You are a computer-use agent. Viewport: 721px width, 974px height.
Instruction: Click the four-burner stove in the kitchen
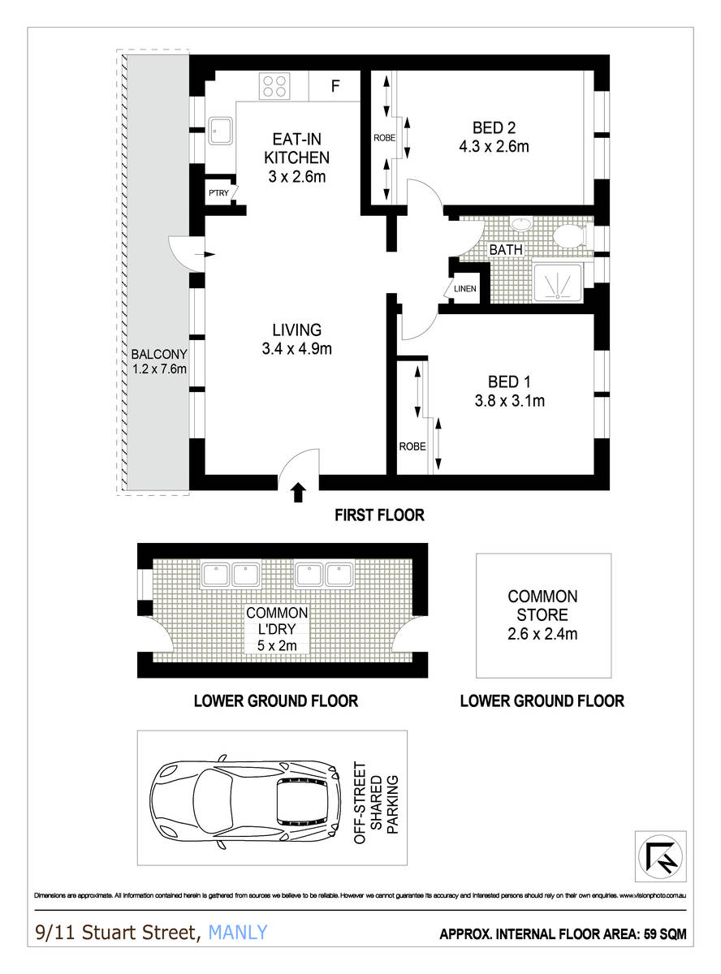(275, 85)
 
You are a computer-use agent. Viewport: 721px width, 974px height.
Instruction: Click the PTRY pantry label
(218, 192)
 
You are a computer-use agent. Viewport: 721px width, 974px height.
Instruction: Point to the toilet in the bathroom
(568, 235)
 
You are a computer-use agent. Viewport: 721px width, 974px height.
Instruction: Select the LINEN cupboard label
(465, 289)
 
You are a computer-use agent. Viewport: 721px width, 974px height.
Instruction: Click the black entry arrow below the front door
(298, 490)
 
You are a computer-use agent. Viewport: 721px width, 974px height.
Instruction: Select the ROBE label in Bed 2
(384, 138)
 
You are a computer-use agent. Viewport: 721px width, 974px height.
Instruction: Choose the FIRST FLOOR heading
(379, 515)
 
